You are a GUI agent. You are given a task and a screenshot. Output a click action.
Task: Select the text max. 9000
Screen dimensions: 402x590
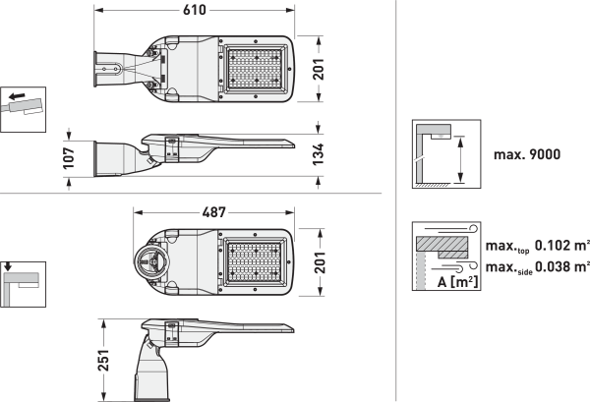(x=526, y=153)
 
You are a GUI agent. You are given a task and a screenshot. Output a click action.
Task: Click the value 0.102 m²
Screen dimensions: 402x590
(x=561, y=245)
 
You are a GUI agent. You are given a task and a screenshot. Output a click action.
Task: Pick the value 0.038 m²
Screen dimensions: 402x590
(x=561, y=266)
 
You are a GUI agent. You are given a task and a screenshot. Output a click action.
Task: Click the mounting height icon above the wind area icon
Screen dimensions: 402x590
(x=443, y=154)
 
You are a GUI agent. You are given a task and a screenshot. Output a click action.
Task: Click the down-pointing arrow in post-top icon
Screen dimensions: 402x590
(x=7, y=266)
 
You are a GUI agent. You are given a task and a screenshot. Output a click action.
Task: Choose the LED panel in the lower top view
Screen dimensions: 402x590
(x=255, y=258)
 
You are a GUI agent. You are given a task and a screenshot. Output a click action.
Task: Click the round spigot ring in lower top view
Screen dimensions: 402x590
(x=152, y=262)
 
